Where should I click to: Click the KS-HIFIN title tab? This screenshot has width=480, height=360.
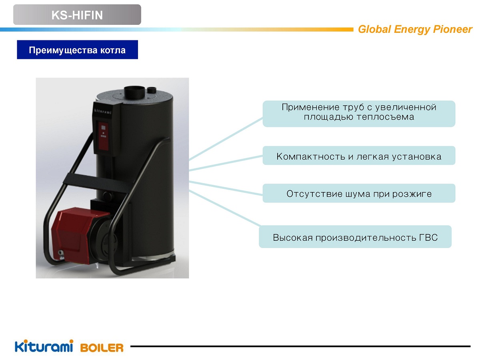[x=77, y=15]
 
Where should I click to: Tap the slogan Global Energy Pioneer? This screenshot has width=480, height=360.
[x=415, y=29]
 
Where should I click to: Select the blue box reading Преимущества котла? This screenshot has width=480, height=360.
[x=78, y=50]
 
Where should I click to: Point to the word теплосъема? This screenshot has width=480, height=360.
[x=386, y=117]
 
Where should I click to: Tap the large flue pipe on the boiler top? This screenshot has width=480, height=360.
[x=134, y=92]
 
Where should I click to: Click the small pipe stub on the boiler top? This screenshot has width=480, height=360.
[x=152, y=90]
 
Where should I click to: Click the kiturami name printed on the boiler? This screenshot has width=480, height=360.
[x=102, y=111]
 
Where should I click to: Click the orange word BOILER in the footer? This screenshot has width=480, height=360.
[x=102, y=348]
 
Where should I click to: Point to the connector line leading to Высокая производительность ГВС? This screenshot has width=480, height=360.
[x=225, y=208]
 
